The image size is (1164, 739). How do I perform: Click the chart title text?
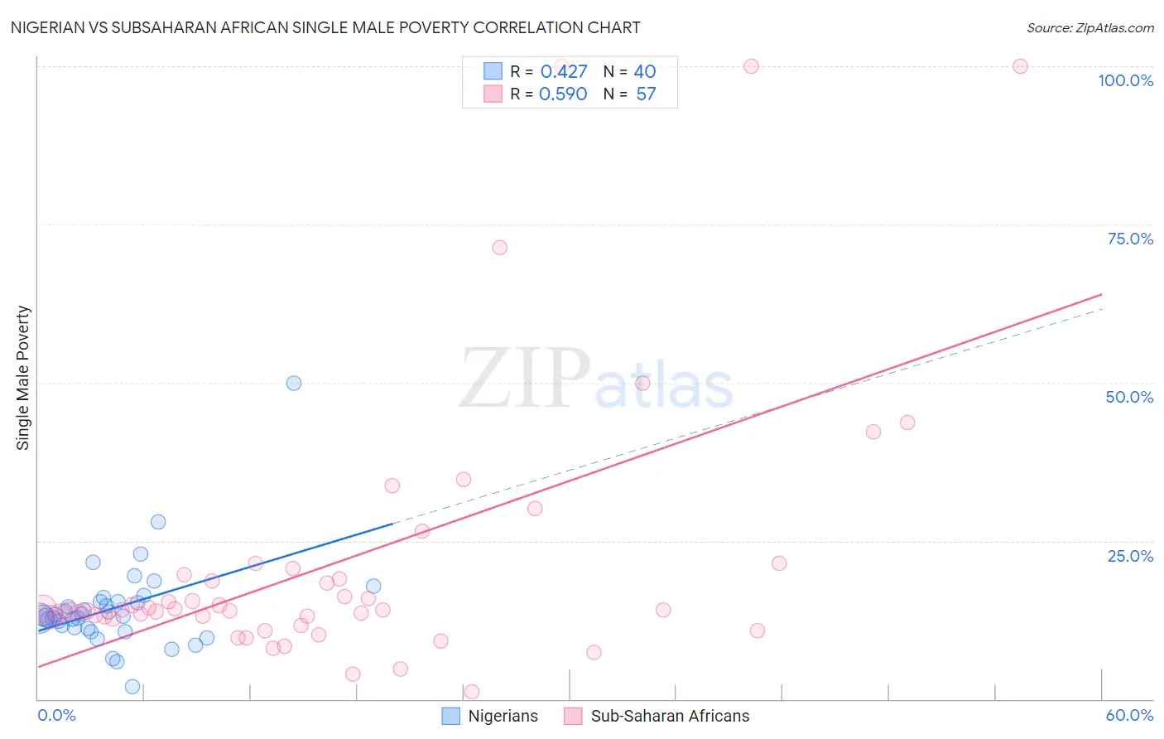pos(325,28)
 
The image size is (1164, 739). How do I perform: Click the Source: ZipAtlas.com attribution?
pos(1089,28)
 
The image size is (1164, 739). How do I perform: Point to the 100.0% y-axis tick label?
pos(1125,80)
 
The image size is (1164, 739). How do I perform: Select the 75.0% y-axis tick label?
pos(1130,239)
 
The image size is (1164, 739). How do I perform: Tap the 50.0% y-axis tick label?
pos(1129,397)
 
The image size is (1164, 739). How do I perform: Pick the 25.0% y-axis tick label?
pos(1130,556)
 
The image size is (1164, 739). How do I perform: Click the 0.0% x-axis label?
pos(57,715)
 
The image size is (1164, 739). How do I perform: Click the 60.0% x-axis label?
pos(1129,715)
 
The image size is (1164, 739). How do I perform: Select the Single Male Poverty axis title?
pos(23,378)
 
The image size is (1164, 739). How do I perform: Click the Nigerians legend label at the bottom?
pos(503,716)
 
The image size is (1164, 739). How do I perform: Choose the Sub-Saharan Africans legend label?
pos(670,716)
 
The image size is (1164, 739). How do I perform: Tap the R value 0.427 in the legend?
pos(563,72)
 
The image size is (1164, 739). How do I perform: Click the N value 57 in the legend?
pos(646,94)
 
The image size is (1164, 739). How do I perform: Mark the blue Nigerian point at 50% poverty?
pos(294,383)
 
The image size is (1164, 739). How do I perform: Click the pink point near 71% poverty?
pos(499,248)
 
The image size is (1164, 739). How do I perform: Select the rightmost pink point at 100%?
pos(1020,66)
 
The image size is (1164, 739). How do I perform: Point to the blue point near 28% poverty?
pos(158,522)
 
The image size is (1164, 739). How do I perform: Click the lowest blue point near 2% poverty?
pos(132,687)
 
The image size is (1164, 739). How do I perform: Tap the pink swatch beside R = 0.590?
pos(493,94)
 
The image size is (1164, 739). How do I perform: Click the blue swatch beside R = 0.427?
pos(493,71)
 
